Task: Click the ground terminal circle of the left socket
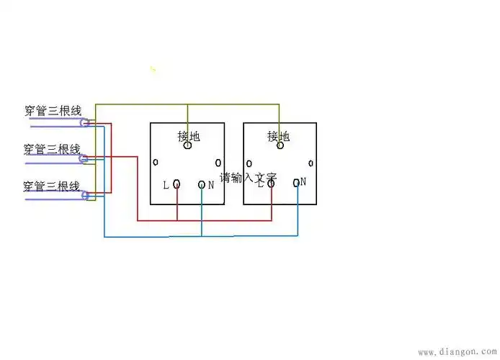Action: click(188, 146)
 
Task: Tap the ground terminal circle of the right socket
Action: click(280, 145)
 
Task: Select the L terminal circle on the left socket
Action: click(177, 184)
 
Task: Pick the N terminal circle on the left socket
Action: click(202, 185)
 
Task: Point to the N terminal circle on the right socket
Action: click(296, 183)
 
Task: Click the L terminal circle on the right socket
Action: click(271, 184)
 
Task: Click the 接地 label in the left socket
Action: click(188, 135)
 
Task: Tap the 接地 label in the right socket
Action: click(279, 135)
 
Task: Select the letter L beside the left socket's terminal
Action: click(166, 185)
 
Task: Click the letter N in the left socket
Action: click(211, 185)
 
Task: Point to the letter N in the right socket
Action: click(304, 182)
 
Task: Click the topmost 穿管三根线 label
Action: click(52, 111)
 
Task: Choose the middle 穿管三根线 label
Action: click(52, 149)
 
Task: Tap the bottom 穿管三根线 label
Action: click(52, 186)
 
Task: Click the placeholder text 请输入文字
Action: click(249, 177)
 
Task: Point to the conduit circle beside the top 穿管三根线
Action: click(85, 123)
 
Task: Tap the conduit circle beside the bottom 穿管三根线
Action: click(85, 194)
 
